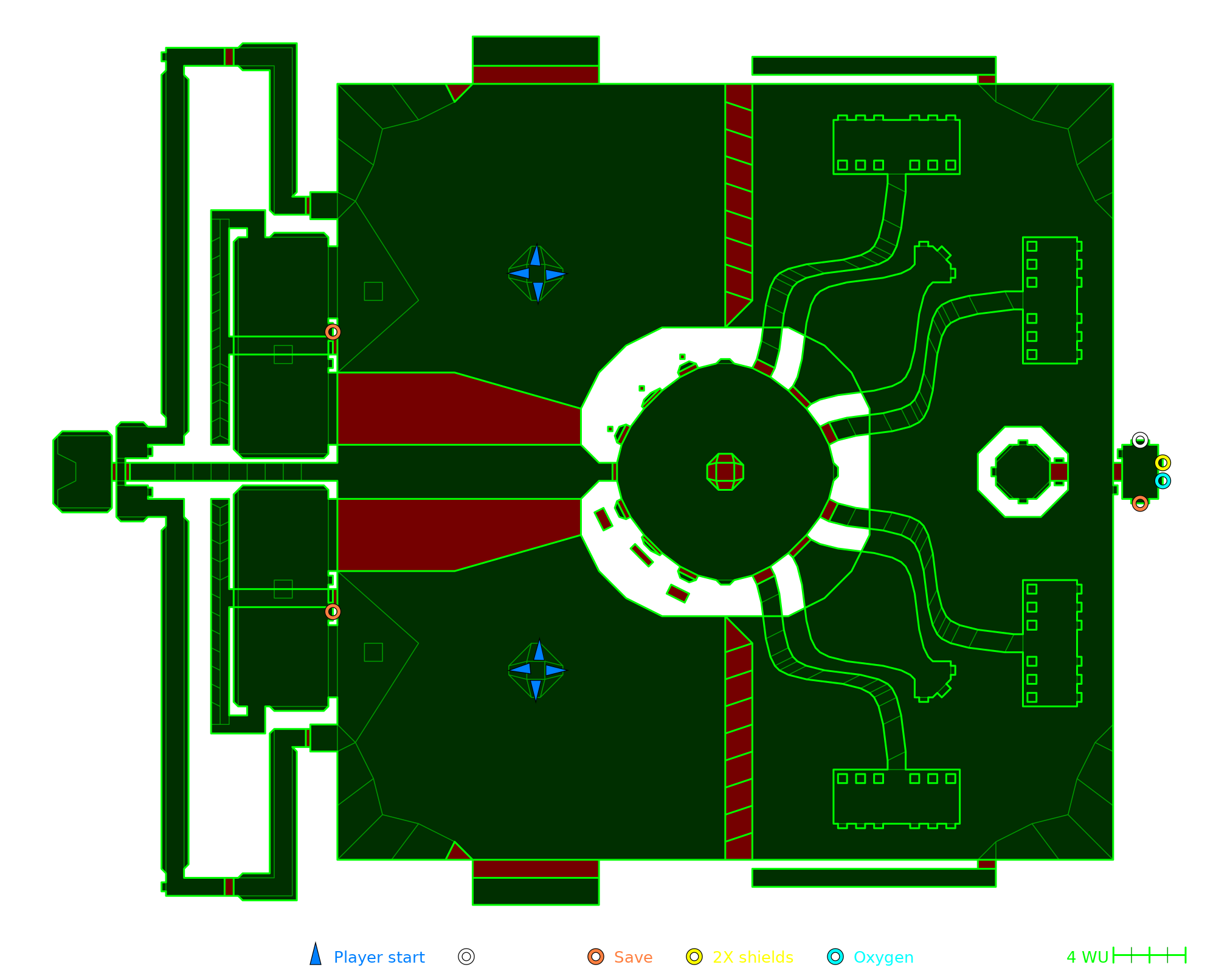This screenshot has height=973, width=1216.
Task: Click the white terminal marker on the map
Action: click(x=1140, y=440)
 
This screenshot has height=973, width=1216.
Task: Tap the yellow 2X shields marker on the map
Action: click(x=1162, y=463)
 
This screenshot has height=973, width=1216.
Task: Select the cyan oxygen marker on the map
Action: click(x=1162, y=481)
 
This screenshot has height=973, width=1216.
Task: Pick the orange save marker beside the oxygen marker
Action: click(x=1140, y=504)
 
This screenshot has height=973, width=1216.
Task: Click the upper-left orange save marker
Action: click(x=333, y=331)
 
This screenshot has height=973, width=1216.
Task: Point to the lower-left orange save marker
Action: click(x=333, y=611)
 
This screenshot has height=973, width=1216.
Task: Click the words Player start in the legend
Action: click(x=379, y=957)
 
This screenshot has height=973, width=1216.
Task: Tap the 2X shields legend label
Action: click(x=753, y=957)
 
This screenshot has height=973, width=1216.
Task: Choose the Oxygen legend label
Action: click(x=883, y=957)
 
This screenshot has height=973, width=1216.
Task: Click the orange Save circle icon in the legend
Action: click(x=596, y=957)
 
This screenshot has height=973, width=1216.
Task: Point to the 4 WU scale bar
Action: click(x=1149, y=955)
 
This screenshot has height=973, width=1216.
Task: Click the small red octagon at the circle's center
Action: click(x=725, y=471)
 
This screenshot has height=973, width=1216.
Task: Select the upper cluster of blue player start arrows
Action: click(x=536, y=274)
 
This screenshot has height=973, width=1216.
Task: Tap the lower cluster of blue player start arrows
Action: click(x=536, y=670)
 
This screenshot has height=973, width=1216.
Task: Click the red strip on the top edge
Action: click(x=536, y=75)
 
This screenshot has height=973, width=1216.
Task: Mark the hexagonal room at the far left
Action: click(x=83, y=471)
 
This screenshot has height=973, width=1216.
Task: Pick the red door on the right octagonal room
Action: click(x=1059, y=472)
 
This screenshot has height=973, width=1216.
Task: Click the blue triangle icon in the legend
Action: click(x=316, y=955)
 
